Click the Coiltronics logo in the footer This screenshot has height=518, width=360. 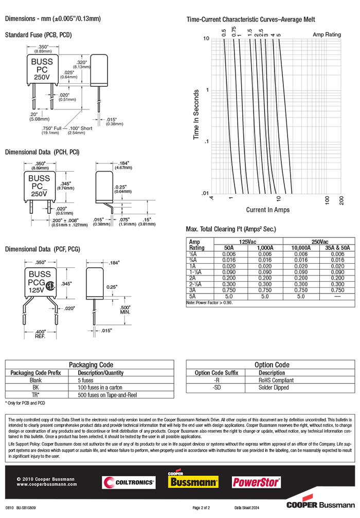point(129,482)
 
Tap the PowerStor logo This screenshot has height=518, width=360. point(256,482)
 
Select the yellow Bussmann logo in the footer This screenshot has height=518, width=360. point(193,482)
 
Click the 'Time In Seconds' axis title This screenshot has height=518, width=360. point(196,115)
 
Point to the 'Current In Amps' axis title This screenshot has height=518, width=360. point(267,210)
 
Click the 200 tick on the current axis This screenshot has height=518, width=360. point(341,199)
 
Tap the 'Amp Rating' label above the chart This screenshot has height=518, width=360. point(327,34)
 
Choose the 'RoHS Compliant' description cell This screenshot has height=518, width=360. point(276,380)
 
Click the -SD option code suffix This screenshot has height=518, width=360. point(217,387)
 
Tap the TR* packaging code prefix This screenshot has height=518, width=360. point(35,395)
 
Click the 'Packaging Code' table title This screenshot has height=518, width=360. point(91,364)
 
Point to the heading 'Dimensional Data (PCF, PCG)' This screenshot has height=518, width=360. point(42,249)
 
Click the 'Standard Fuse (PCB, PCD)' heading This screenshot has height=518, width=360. point(38,35)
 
